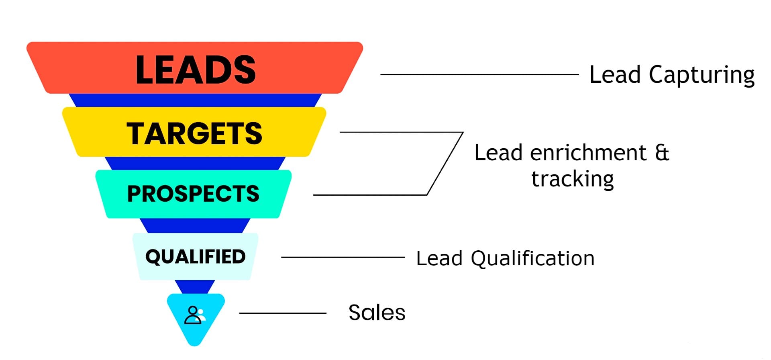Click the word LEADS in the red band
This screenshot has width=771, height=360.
pos(196,70)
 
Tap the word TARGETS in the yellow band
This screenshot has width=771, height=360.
pos(194,133)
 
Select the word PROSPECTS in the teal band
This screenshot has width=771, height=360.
pos(193,194)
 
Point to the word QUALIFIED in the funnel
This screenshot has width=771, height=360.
pos(195,257)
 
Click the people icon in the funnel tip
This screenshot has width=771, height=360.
pos(195,315)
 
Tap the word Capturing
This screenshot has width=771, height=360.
pos(702,75)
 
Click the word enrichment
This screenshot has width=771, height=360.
pos(588,153)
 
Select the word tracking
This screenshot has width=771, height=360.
pos(573,179)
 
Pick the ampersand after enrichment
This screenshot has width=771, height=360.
pos(662,153)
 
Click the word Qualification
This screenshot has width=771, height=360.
pos(532,258)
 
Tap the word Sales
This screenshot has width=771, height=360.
pos(377,313)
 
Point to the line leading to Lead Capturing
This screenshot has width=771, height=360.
pos(479,74)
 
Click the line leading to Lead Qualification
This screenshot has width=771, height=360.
pos(343,257)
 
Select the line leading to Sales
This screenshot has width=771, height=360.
pos(283,313)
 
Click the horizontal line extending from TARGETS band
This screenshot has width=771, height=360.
pos(402,132)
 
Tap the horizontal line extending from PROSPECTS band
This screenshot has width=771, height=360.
pos(369,195)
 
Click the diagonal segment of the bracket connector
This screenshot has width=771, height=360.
pos(445,164)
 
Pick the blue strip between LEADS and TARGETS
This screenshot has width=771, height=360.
pos(195,100)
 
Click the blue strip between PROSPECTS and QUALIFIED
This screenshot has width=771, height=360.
pos(195,225)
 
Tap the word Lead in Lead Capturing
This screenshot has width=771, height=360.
pos(614,75)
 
